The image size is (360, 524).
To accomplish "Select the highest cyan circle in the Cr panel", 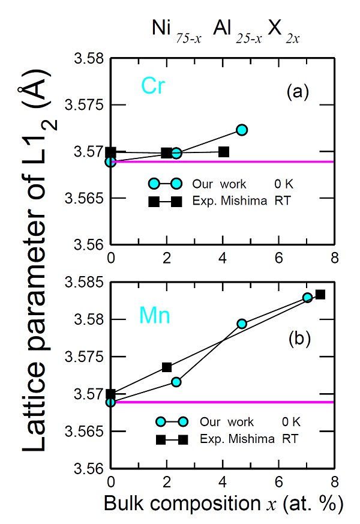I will coord(242,130).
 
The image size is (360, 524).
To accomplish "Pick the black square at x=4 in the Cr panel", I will coord(224,152).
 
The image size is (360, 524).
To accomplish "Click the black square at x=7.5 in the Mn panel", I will coord(320,294).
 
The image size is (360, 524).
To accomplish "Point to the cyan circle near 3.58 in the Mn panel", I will coord(242,324).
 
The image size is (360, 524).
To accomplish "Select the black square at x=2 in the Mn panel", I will coord(167,367).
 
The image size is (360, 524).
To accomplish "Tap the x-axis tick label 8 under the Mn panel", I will coord(334,482).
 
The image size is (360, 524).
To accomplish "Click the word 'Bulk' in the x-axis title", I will coord(121,504).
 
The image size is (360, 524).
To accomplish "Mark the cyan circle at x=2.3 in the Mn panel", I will coord(176,382).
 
